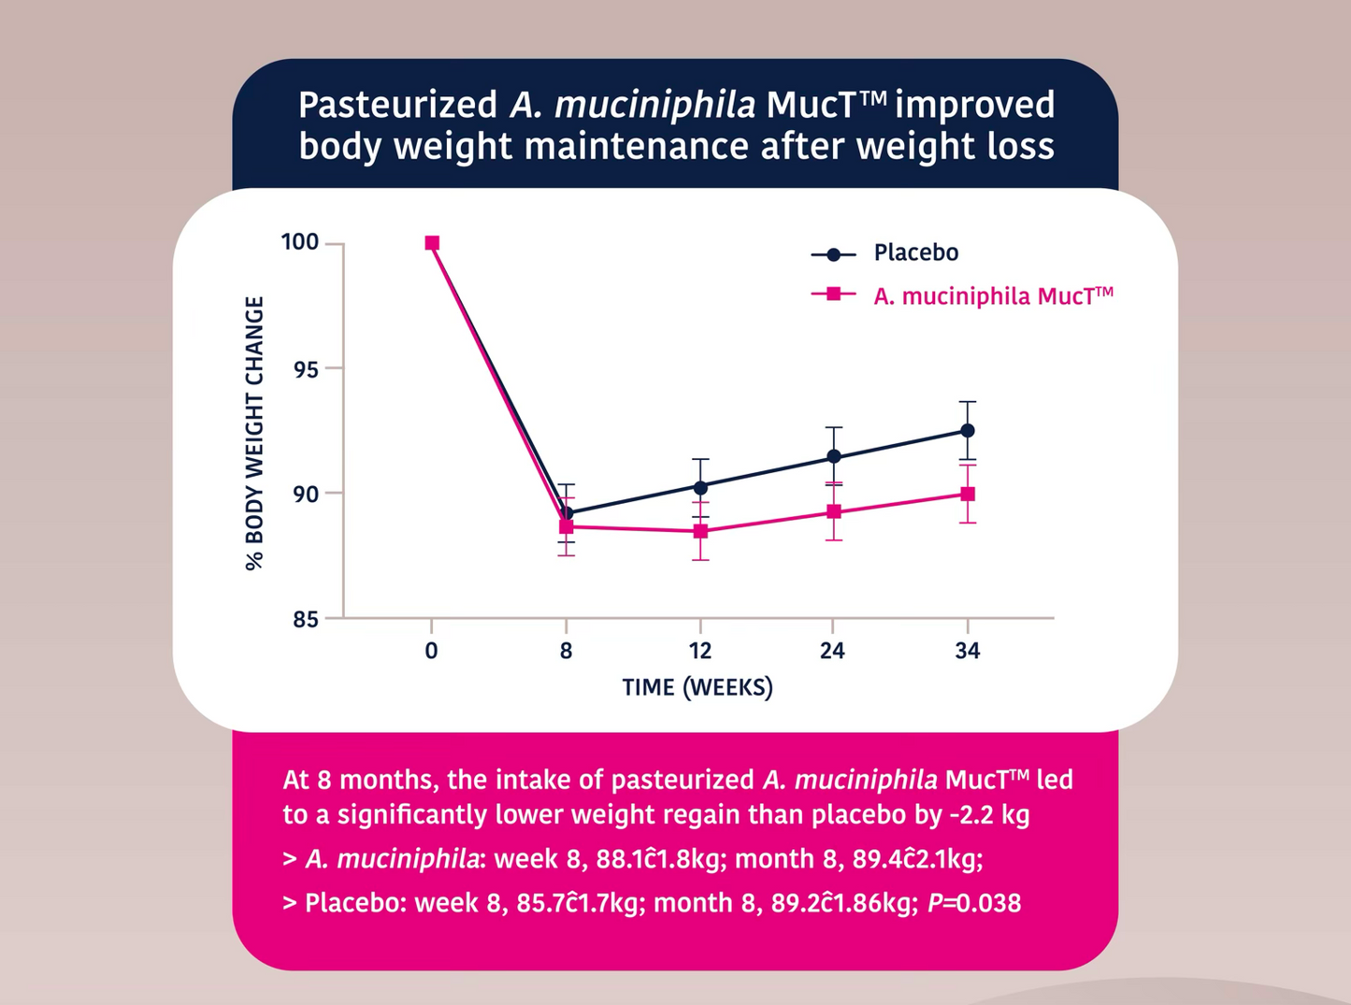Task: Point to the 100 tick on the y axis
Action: point(300,242)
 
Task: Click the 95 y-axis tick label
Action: point(305,369)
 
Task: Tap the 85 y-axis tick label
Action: point(305,619)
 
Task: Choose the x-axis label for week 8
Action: point(566,651)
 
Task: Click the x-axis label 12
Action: point(700,651)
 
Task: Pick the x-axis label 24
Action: point(832,651)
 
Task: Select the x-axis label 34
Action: point(968,651)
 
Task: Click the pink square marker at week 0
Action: point(432,243)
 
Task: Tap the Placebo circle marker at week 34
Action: point(968,431)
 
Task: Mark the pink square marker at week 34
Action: point(968,494)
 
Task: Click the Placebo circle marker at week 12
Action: point(700,487)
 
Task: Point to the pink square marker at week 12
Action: point(700,531)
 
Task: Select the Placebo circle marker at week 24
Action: point(833,457)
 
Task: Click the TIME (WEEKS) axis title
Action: point(697,688)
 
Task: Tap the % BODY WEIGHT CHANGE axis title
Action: point(254,433)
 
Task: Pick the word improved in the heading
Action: point(974,106)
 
